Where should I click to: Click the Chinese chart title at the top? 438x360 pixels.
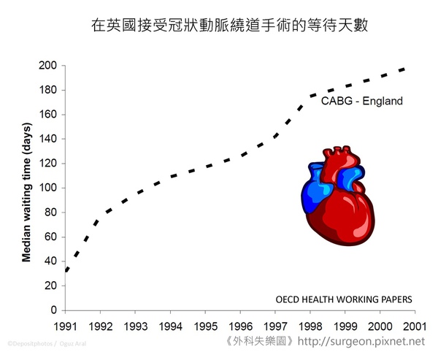pos(218,25)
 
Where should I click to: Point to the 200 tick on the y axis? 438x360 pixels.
pos(48,66)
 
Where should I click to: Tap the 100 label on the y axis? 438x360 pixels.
pos(48,188)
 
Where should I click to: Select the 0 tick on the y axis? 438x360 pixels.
pos(53,310)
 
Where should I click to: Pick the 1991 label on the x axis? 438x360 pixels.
pos(66,326)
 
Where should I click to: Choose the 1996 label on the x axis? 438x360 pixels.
pos(240,326)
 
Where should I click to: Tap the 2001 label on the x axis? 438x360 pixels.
pos(415,326)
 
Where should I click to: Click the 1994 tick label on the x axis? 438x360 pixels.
pos(170,326)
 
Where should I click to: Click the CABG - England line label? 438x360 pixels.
pos(362,102)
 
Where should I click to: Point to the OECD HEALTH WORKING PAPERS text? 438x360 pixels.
pos(343,299)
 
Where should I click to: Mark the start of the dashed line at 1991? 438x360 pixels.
pos(66,271)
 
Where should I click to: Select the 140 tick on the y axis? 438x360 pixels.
pos(48,139)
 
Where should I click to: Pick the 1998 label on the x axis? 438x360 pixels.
pos(310,326)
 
